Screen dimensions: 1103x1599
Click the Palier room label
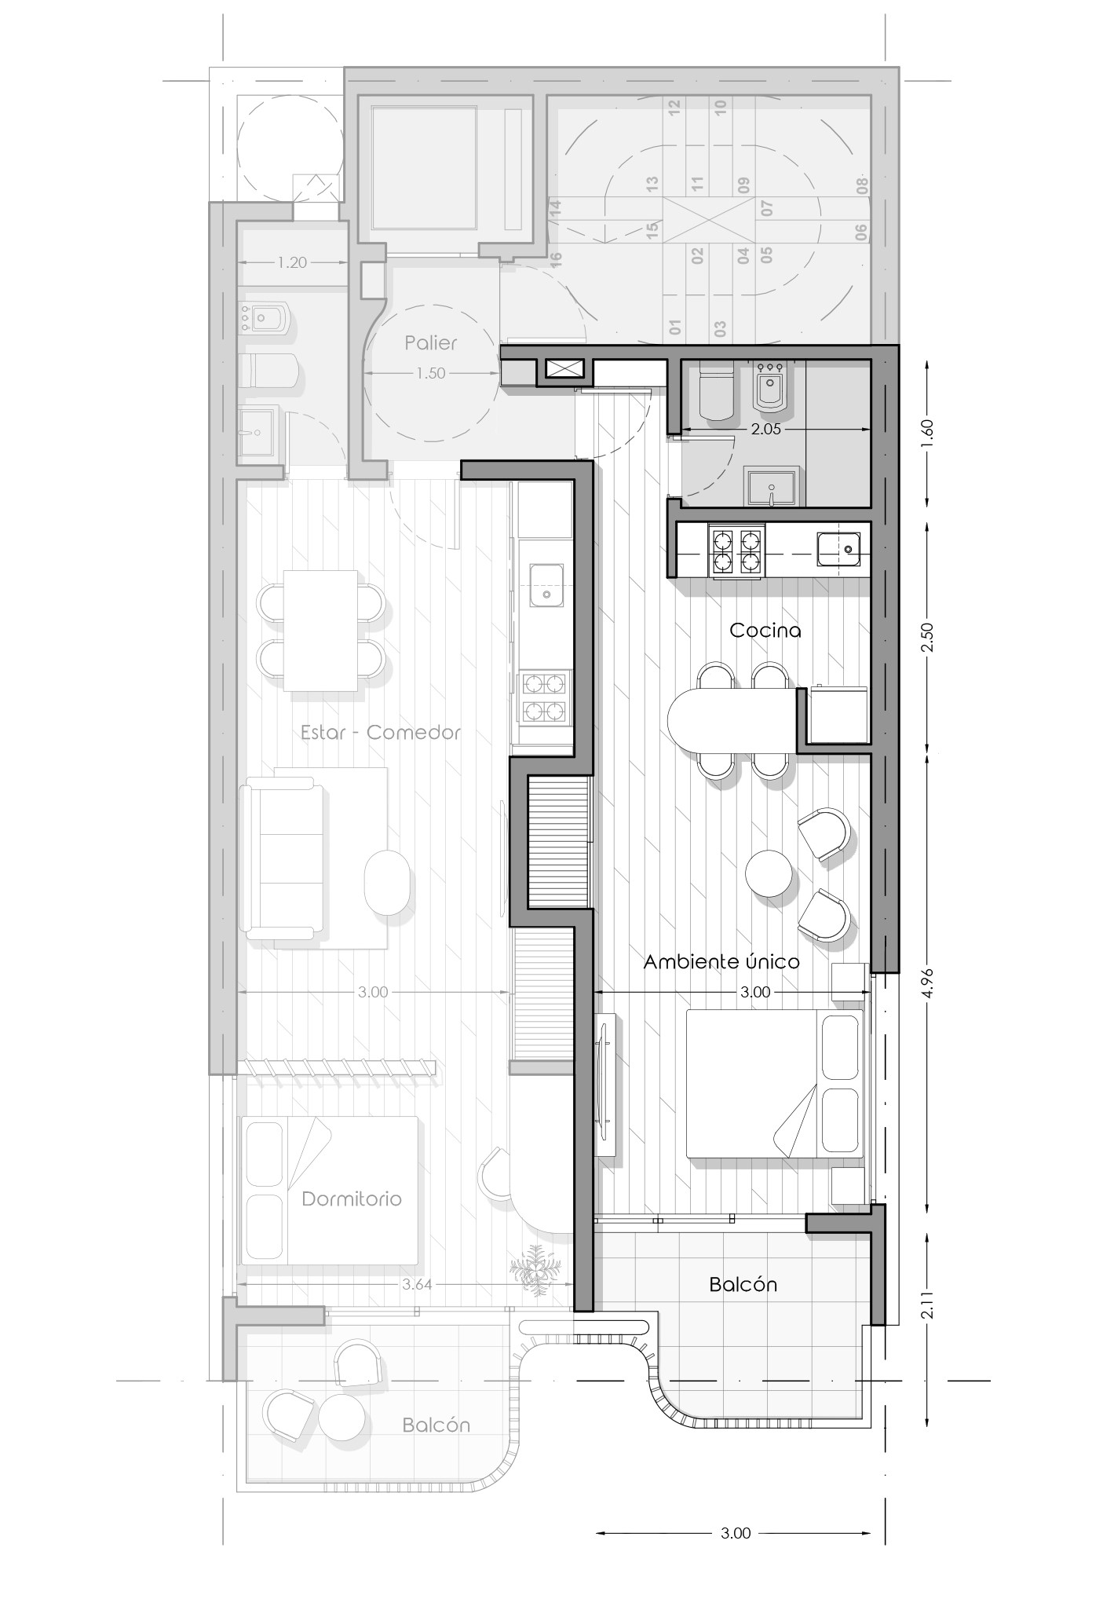click(x=430, y=342)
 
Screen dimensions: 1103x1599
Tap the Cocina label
click(x=765, y=630)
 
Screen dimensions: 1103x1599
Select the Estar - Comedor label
click(x=381, y=732)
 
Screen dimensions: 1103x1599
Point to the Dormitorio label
click(x=352, y=1198)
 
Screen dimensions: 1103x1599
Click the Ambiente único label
click(x=721, y=961)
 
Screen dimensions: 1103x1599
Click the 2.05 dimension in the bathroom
click(x=765, y=430)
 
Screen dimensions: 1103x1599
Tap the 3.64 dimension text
click(x=417, y=1284)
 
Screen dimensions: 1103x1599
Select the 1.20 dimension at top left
click(x=292, y=262)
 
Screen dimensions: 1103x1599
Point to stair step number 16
click(x=556, y=260)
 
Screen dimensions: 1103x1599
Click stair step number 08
click(x=862, y=186)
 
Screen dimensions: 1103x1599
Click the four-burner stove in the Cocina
click(x=736, y=551)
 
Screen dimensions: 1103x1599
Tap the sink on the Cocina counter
click(x=838, y=548)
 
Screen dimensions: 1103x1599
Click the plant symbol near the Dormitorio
click(x=535, y=1269)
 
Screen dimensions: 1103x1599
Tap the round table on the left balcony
click(x=341, y=1416)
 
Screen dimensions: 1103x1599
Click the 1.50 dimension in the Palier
click(x=430, y=373)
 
